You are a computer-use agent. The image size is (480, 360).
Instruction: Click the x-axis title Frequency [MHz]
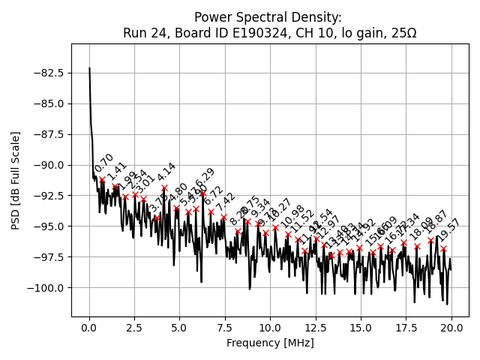pos(270,343)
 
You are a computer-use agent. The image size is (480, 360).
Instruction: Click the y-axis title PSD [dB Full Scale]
pos(16,180)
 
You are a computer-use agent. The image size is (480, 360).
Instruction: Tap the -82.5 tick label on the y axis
pos(46,73)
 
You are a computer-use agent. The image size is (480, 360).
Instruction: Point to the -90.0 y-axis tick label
pos(46,165)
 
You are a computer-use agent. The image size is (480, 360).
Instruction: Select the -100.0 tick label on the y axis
pos(43,287)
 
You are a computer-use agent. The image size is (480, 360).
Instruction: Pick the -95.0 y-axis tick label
pos(46,226)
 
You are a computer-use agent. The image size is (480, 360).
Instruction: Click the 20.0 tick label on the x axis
pos(451,327)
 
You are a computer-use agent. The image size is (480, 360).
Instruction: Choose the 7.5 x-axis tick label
pos(224,327)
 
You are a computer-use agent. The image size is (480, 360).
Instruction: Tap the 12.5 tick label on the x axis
pos(315,327)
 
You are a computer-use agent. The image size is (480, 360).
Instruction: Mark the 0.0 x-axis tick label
pos(89,327)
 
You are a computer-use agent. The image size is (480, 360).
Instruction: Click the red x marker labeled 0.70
pos(102,179)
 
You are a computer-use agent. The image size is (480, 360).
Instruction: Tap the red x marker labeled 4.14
pos(164,187)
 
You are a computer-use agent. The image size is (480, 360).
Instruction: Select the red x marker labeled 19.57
pos(443,248)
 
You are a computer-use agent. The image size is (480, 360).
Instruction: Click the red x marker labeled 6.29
pos(203,192)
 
